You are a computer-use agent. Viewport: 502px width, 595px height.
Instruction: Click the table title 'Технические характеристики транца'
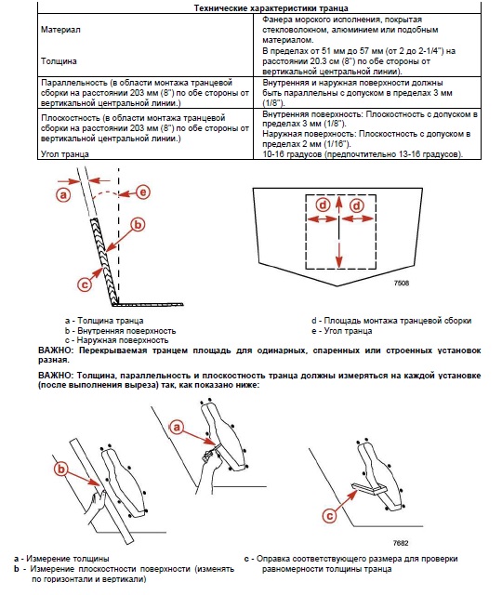point(271,8)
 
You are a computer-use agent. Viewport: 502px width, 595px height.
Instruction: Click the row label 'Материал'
point(60,30)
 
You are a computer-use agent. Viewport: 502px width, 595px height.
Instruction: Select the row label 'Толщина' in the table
point(59,61)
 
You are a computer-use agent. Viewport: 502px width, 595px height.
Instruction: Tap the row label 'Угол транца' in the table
point(65,154)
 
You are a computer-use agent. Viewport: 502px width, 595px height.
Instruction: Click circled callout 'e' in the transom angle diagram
point(143,192)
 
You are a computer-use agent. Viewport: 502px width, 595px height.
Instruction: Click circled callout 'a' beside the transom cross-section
point(63,195)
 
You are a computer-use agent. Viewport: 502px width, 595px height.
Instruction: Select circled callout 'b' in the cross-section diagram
point(138,224)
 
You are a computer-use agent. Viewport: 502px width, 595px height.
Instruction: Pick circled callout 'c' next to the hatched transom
point(85,284)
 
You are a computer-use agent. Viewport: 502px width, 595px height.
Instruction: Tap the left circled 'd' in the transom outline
point(323,205)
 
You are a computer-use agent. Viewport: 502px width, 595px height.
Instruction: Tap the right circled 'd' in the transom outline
point(357,205)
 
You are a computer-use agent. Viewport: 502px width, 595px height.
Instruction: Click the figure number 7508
point(402,283)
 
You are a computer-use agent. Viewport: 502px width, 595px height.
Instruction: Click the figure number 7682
point(401,543)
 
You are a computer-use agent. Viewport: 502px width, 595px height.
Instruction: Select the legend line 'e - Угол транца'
point(342,331)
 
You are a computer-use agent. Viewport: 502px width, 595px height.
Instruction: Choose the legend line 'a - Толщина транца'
point(104,321)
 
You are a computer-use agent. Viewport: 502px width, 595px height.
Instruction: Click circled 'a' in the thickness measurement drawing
point(177,428)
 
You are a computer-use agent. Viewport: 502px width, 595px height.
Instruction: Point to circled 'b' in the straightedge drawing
point(60,469)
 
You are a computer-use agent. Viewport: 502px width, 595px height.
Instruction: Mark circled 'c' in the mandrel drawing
point(329,516)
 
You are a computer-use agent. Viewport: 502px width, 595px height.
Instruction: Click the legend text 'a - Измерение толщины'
point(61,559)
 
